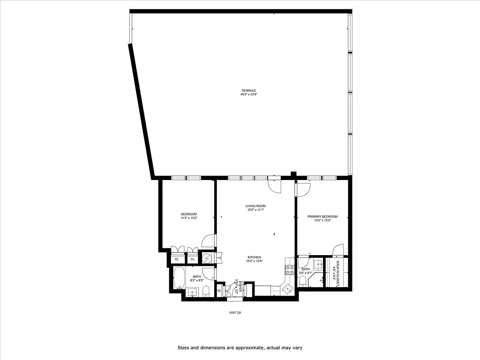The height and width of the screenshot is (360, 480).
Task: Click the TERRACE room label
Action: (248, 90)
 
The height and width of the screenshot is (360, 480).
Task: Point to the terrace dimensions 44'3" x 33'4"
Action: (248, 94)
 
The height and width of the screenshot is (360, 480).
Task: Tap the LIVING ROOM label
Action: (255, 206)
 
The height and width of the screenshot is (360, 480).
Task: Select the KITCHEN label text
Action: (254, 257)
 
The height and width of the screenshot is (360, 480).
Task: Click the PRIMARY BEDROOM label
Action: (322, 216)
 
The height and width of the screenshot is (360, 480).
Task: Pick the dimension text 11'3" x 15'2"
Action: (189, 218)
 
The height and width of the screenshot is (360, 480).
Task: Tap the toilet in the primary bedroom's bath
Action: (303, 282)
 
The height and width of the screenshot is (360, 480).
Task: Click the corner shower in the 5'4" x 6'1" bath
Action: (318, 265)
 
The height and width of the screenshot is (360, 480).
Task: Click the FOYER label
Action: (241, 287)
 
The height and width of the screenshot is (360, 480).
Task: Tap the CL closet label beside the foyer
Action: (219, 290)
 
